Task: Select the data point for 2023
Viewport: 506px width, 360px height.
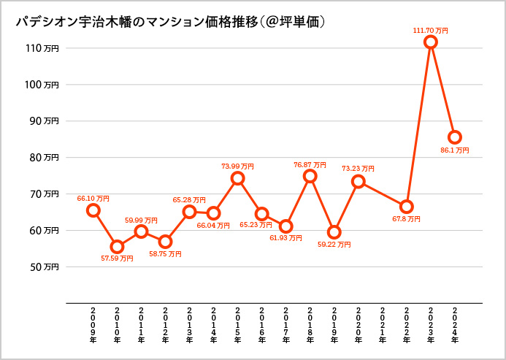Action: (x=431, y=42)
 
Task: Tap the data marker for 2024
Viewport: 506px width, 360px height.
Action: (x=455, y=137)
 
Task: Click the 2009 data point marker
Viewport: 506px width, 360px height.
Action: (x=93, y=210)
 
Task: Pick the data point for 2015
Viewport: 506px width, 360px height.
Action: (x=237, y=178)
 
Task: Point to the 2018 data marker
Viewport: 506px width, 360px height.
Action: (x=310, y=176)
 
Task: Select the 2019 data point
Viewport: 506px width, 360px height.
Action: (x=334, y=232)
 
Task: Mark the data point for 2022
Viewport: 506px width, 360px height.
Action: (x=407, y=207)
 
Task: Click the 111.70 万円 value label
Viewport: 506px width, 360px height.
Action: (x=431, y=31)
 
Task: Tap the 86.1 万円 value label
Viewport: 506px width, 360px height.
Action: (x=455, y=150)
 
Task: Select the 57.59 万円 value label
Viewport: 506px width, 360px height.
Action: (x=117, y=258)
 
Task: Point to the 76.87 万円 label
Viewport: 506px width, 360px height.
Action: (x=310, y=165)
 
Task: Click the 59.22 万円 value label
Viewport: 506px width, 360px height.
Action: (x=334, y=245)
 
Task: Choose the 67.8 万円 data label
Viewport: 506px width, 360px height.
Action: (x=406, y=218)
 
